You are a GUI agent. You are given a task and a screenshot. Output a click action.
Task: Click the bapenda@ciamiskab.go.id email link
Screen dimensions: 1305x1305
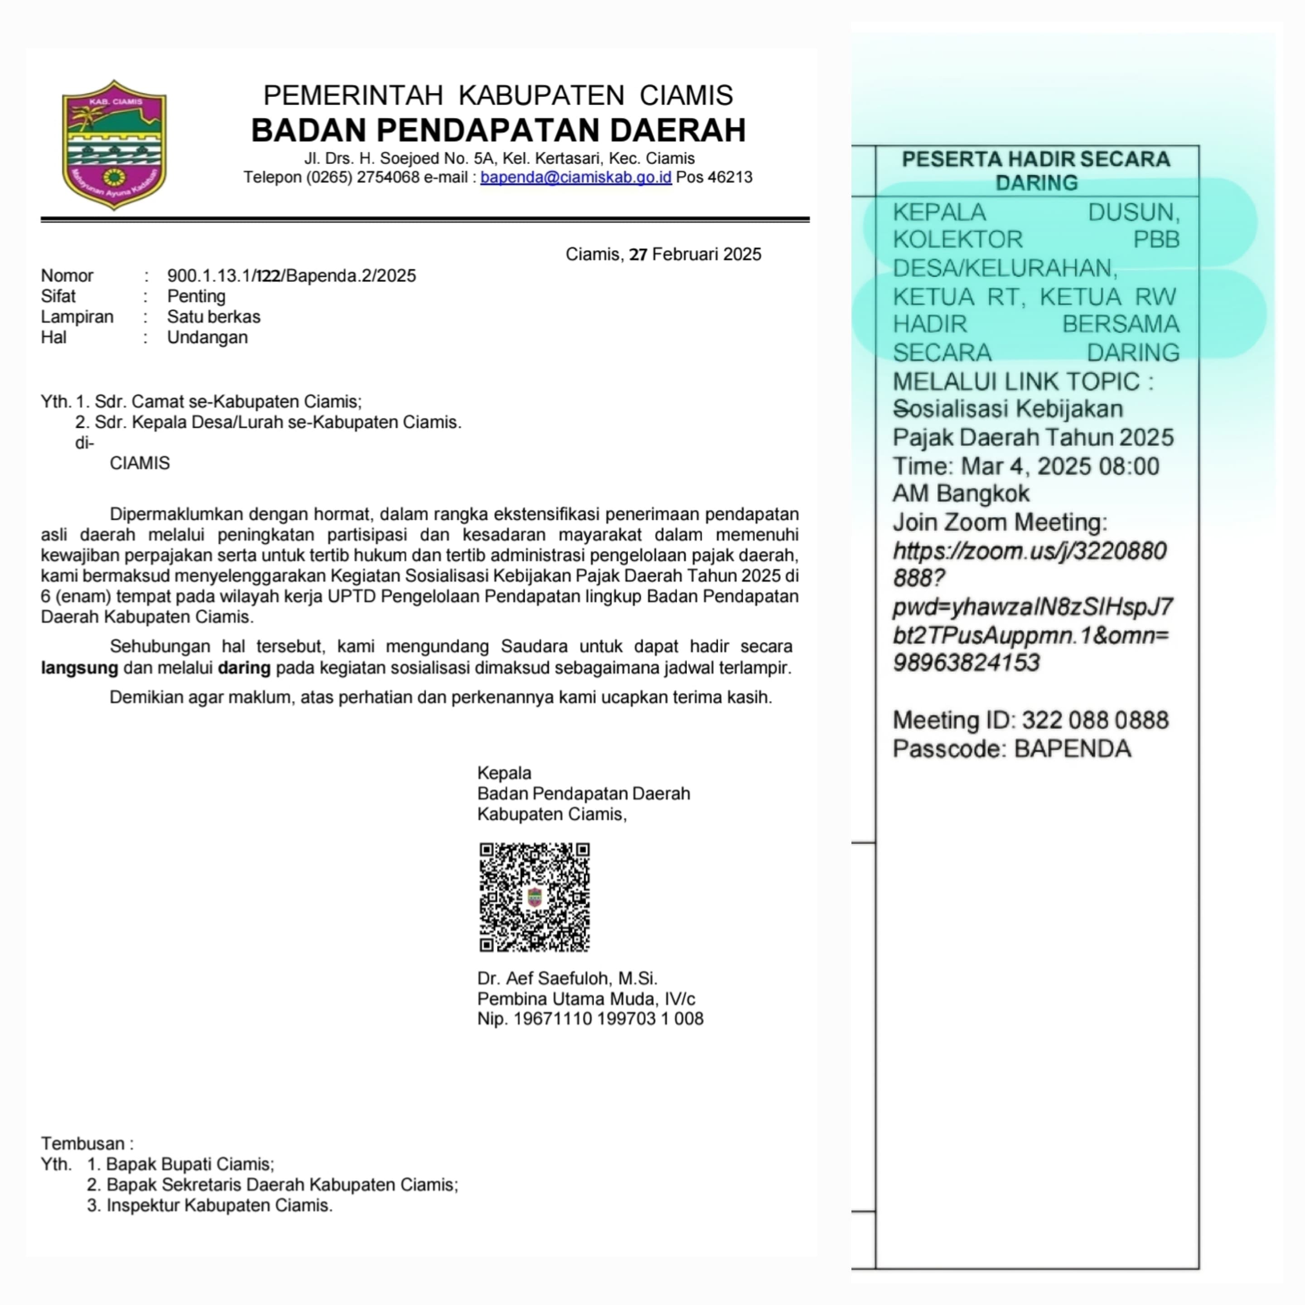coord(575,178)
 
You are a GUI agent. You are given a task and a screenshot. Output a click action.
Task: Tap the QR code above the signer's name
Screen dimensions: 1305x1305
coord(534,897)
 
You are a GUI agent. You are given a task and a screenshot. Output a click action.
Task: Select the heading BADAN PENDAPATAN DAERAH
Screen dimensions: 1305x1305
coord(498,130)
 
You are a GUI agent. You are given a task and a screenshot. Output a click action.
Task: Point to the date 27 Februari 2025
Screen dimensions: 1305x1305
coord(695,255)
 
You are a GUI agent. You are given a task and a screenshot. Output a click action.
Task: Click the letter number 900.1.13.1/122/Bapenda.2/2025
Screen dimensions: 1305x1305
coord(291,275)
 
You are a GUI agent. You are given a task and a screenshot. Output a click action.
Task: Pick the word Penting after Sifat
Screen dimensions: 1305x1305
coord(196,296)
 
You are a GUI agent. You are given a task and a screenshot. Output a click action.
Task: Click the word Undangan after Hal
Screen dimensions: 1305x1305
coord(208,338)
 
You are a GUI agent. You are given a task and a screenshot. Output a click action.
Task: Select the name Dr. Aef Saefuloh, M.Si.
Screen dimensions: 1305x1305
coord(567,979)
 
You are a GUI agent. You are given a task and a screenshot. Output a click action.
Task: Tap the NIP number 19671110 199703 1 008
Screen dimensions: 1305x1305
coord(608,1019)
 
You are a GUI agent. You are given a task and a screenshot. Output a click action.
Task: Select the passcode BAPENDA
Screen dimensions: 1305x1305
coord(1073,749)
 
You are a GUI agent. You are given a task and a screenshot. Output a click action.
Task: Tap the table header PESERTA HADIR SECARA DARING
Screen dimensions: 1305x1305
coord(1036,171)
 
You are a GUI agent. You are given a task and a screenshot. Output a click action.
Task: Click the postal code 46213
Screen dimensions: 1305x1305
coord(730,178)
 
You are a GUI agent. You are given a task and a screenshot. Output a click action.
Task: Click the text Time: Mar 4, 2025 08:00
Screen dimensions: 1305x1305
coord(1025,467)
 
